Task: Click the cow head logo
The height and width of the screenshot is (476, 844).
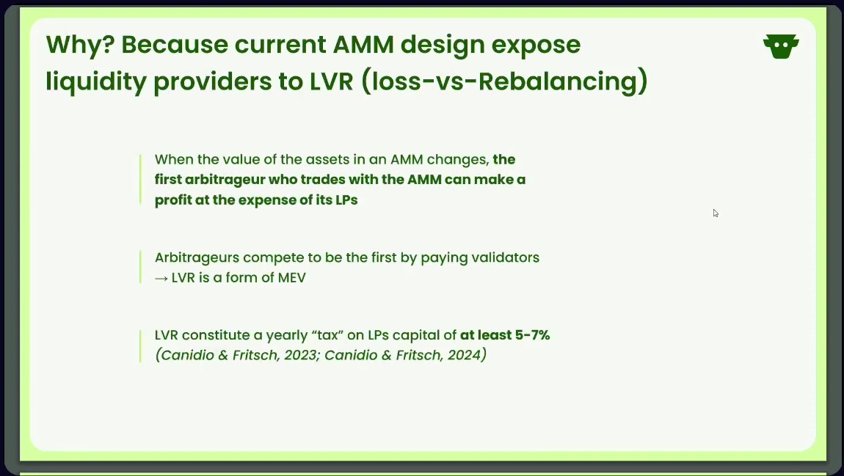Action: pyautogui.click(x=780, y=46)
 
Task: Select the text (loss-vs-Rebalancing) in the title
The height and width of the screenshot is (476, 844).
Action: pyautogui.click(x=504, y=81)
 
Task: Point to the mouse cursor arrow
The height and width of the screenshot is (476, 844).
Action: pyautogui.click(x=716, y=213)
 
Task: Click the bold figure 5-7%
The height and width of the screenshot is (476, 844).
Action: pyautogui.click(x=532, y=335)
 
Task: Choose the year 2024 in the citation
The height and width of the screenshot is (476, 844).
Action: pyautogui.click(x=464, y=356)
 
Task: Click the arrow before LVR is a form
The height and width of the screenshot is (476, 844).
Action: pyautogui.click(x=161, y=279)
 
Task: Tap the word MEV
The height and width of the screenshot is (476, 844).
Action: pyautogui.click(x=292, y=278)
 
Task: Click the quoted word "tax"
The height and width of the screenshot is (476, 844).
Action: pyautogui.click(x=327, y=335)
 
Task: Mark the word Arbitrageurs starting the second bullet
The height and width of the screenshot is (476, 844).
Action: pyautogui.click(x=197, y=258)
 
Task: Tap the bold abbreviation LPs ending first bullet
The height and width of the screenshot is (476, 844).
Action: pyautogui.click(x=347, y=200)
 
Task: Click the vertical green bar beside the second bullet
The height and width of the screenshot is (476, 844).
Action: pyautogui.click(x=140, y=267)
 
